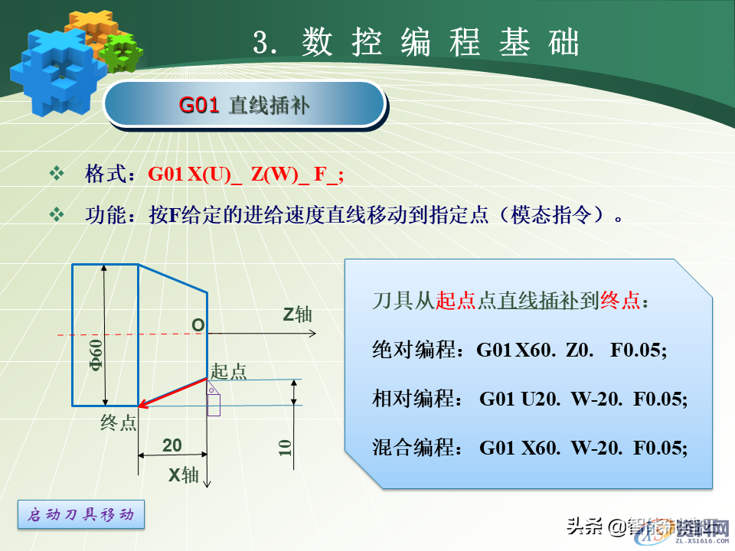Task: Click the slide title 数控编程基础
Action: [416, 44]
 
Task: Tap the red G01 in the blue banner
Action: [199, 105]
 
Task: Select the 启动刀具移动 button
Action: [80, 515]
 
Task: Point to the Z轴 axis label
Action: [297, 315]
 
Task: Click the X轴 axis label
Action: [184, 475]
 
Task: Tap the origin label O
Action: [198, 325]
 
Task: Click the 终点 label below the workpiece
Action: [118, 422]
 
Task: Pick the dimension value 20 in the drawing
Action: [172, 445]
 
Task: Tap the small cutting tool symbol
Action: [213, 397]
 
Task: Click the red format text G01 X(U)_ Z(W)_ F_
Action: [246, 174]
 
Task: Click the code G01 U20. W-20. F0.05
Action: [583, 399]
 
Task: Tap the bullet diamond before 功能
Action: [57, 214]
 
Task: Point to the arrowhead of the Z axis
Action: [312, 334]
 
